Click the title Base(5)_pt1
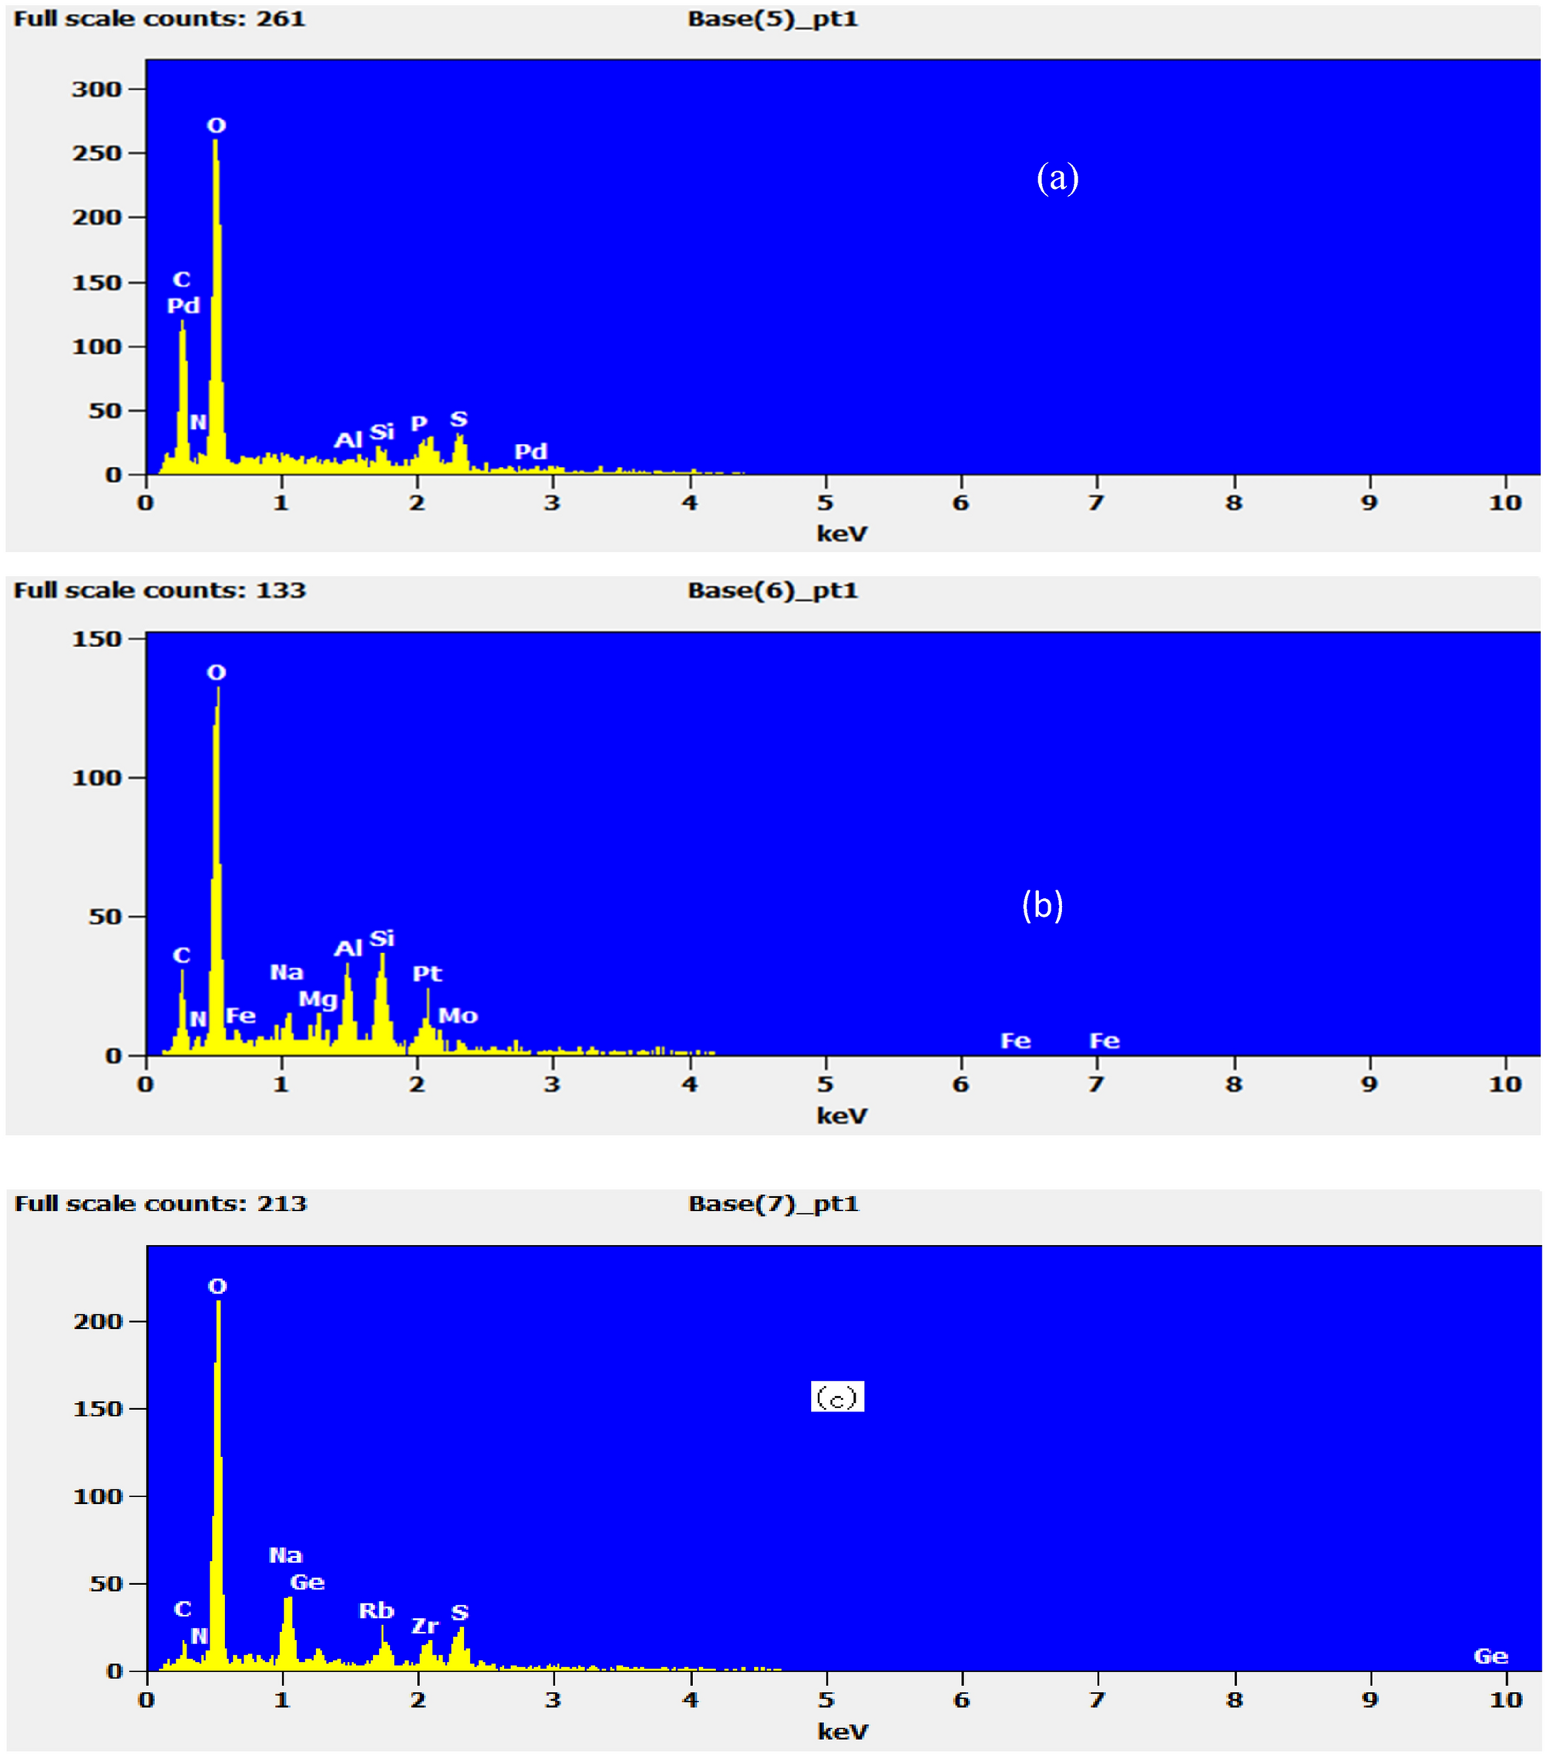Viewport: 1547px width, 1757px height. [x=772, y=19]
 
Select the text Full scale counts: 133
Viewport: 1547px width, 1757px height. [x=160, y=591]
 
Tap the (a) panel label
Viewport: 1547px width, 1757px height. [x=1057, y=178]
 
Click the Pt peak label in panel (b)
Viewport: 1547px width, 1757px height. [x=427, y=973]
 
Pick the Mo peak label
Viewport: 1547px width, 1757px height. [x=458, y=1015]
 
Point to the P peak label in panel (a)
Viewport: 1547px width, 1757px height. [x=419, y=423]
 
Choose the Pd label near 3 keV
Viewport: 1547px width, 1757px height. [x=530, y=451]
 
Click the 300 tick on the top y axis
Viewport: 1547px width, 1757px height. [x=96, y=89]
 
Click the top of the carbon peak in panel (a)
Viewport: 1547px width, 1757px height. [x=182, y=323]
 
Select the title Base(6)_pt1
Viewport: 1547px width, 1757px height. [x=772, y=591]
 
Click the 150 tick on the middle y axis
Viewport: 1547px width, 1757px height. [x=96, y=638]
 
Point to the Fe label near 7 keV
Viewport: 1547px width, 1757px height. [x=1105, y=1041]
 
